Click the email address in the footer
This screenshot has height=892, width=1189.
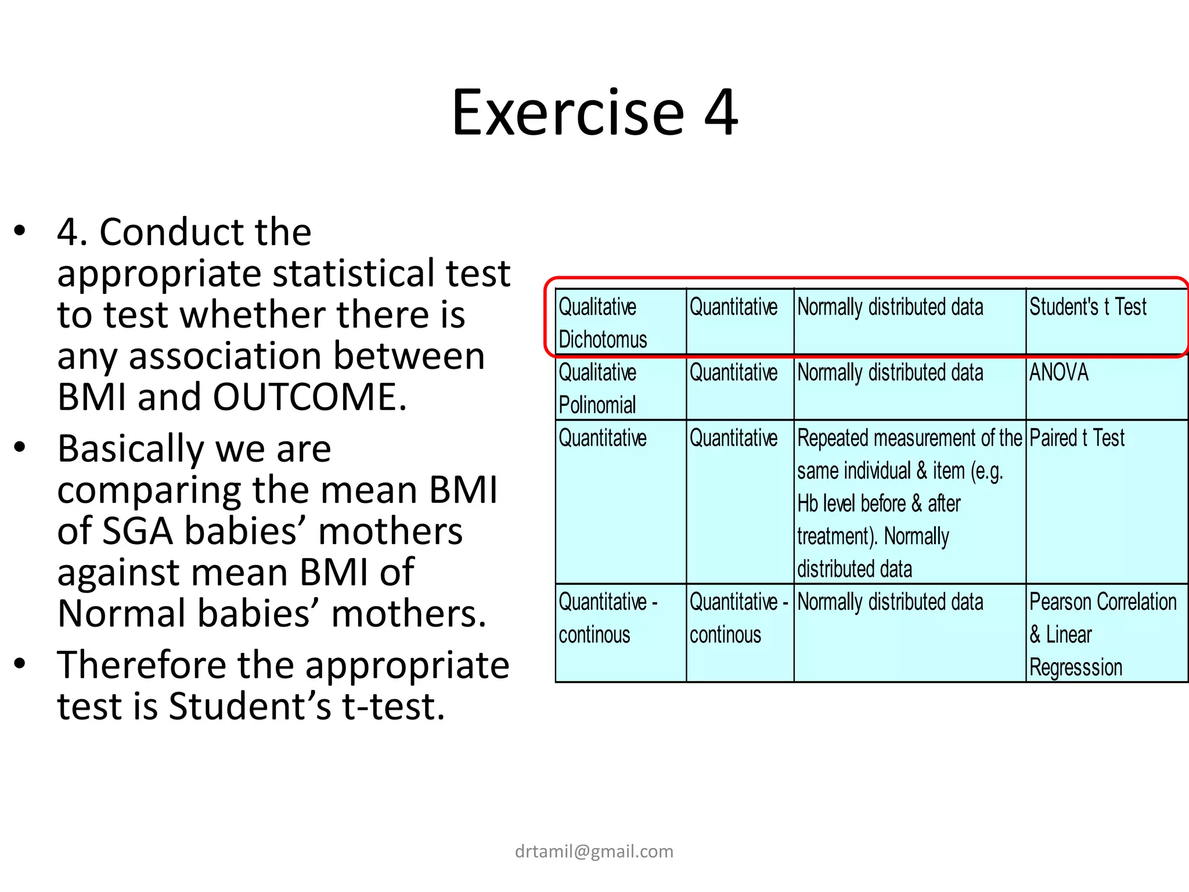point(594,851)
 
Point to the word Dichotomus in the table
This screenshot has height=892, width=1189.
point(603,340)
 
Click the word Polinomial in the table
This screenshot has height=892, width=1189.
point(597,405)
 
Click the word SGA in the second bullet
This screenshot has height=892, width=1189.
point(138,531)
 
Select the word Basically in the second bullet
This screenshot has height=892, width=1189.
point(130,449)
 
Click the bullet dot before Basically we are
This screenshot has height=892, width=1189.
point(20,447)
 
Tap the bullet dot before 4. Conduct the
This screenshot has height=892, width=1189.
point(20,231)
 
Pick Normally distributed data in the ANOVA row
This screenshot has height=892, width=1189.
point(890,373)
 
